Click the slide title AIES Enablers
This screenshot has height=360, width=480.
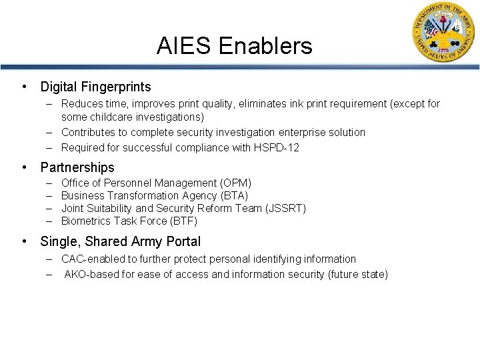(x=234, y=46)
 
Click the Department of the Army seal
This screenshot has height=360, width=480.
(x=441, y=34)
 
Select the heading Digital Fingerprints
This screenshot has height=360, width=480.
(x=95, y=87)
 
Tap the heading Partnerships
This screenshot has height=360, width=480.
(x=77, y=167)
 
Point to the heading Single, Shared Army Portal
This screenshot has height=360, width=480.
(x=120, y=241)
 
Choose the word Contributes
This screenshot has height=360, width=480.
(x=87, y=132)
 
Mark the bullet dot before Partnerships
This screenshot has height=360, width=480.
(x=25, y=167)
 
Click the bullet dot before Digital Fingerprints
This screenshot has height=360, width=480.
(x=25, y=87)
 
